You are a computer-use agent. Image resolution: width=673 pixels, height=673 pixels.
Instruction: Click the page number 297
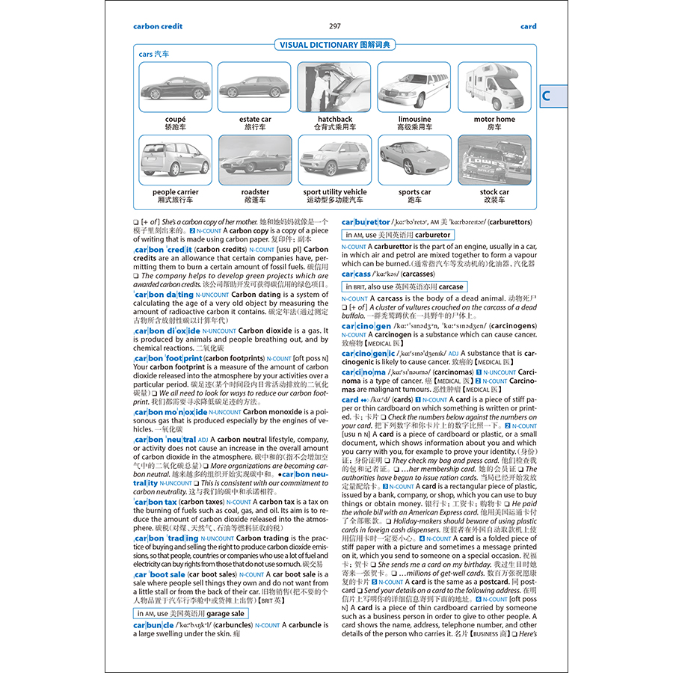coord(335,26)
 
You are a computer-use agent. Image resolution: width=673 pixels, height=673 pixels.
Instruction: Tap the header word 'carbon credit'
coord(158,26)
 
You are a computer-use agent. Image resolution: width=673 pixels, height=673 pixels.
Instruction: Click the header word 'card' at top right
coord(528,26)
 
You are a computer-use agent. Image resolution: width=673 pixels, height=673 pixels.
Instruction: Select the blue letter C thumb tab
coord(547,95)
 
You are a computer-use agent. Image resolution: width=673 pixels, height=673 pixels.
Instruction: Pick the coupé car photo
coord(175,87)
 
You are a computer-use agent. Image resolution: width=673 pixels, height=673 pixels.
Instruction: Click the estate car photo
coord(255,87)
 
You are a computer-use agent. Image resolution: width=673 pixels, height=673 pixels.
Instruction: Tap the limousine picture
coord(414,87)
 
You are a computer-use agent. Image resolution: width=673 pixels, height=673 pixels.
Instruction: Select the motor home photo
coord(494,87)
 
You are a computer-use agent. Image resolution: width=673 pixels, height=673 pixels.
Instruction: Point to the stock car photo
coord(494,159)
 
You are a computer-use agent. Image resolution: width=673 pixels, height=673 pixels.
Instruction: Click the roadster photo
coord(255,159)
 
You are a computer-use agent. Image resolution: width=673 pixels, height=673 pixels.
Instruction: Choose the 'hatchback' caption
coord(334,119)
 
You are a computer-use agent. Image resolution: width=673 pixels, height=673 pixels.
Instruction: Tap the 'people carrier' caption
coord(175,192)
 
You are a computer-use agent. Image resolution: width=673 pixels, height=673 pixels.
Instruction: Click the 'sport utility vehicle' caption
coord(334,192)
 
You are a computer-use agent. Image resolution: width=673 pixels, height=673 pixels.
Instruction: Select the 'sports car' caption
coord(414,192)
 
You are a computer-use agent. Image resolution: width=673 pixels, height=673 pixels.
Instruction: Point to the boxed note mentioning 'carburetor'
coord(398,235)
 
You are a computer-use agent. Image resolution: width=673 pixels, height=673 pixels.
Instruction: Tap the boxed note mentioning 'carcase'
coord(405,286)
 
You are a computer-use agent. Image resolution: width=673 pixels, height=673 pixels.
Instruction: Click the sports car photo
coord(414,159)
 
